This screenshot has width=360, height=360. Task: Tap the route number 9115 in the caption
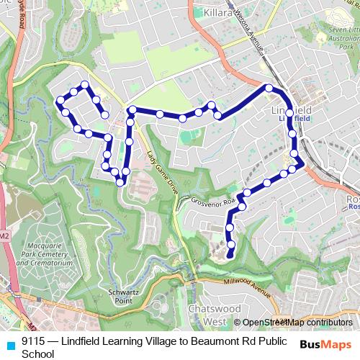[x=33, y=341]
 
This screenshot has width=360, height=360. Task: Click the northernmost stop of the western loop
[x=86, y=85]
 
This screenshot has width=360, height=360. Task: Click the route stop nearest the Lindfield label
[x=289, y=113]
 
